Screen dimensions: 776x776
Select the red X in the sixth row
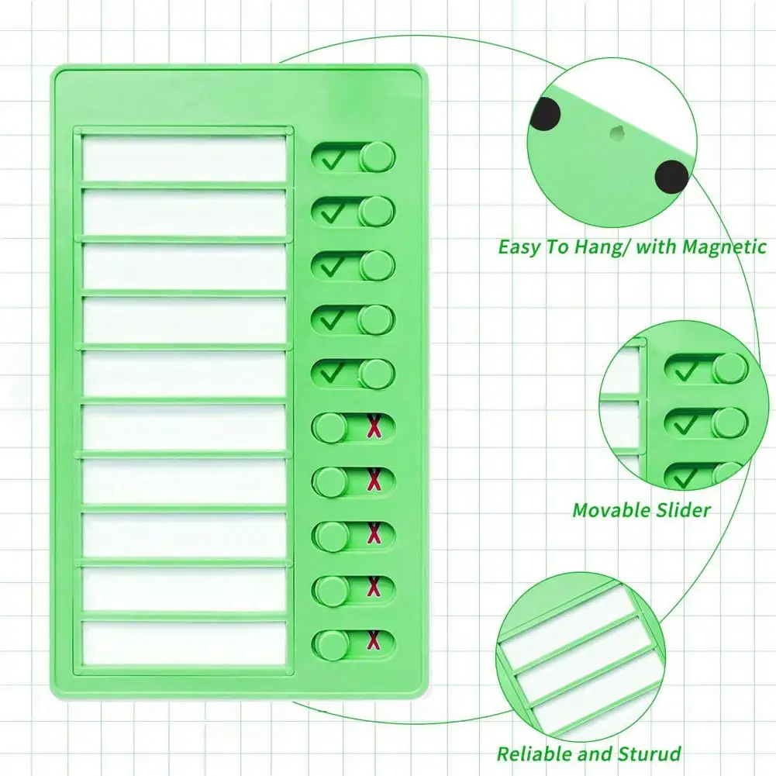[x=374, y=427]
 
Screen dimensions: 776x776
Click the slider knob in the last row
[x=332, y=645]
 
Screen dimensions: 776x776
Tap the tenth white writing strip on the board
[x=185, y=643]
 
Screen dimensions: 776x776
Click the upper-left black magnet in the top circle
[x=545, y=116]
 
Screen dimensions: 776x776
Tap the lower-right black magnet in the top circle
[x=671, y=177]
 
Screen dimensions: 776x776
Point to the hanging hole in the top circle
[x=618, y=133]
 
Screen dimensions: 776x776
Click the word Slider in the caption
[x=681, y=510]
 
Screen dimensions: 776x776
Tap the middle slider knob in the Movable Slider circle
[x=729, y=423]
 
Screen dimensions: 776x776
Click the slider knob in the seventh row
[x=332, y=482]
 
